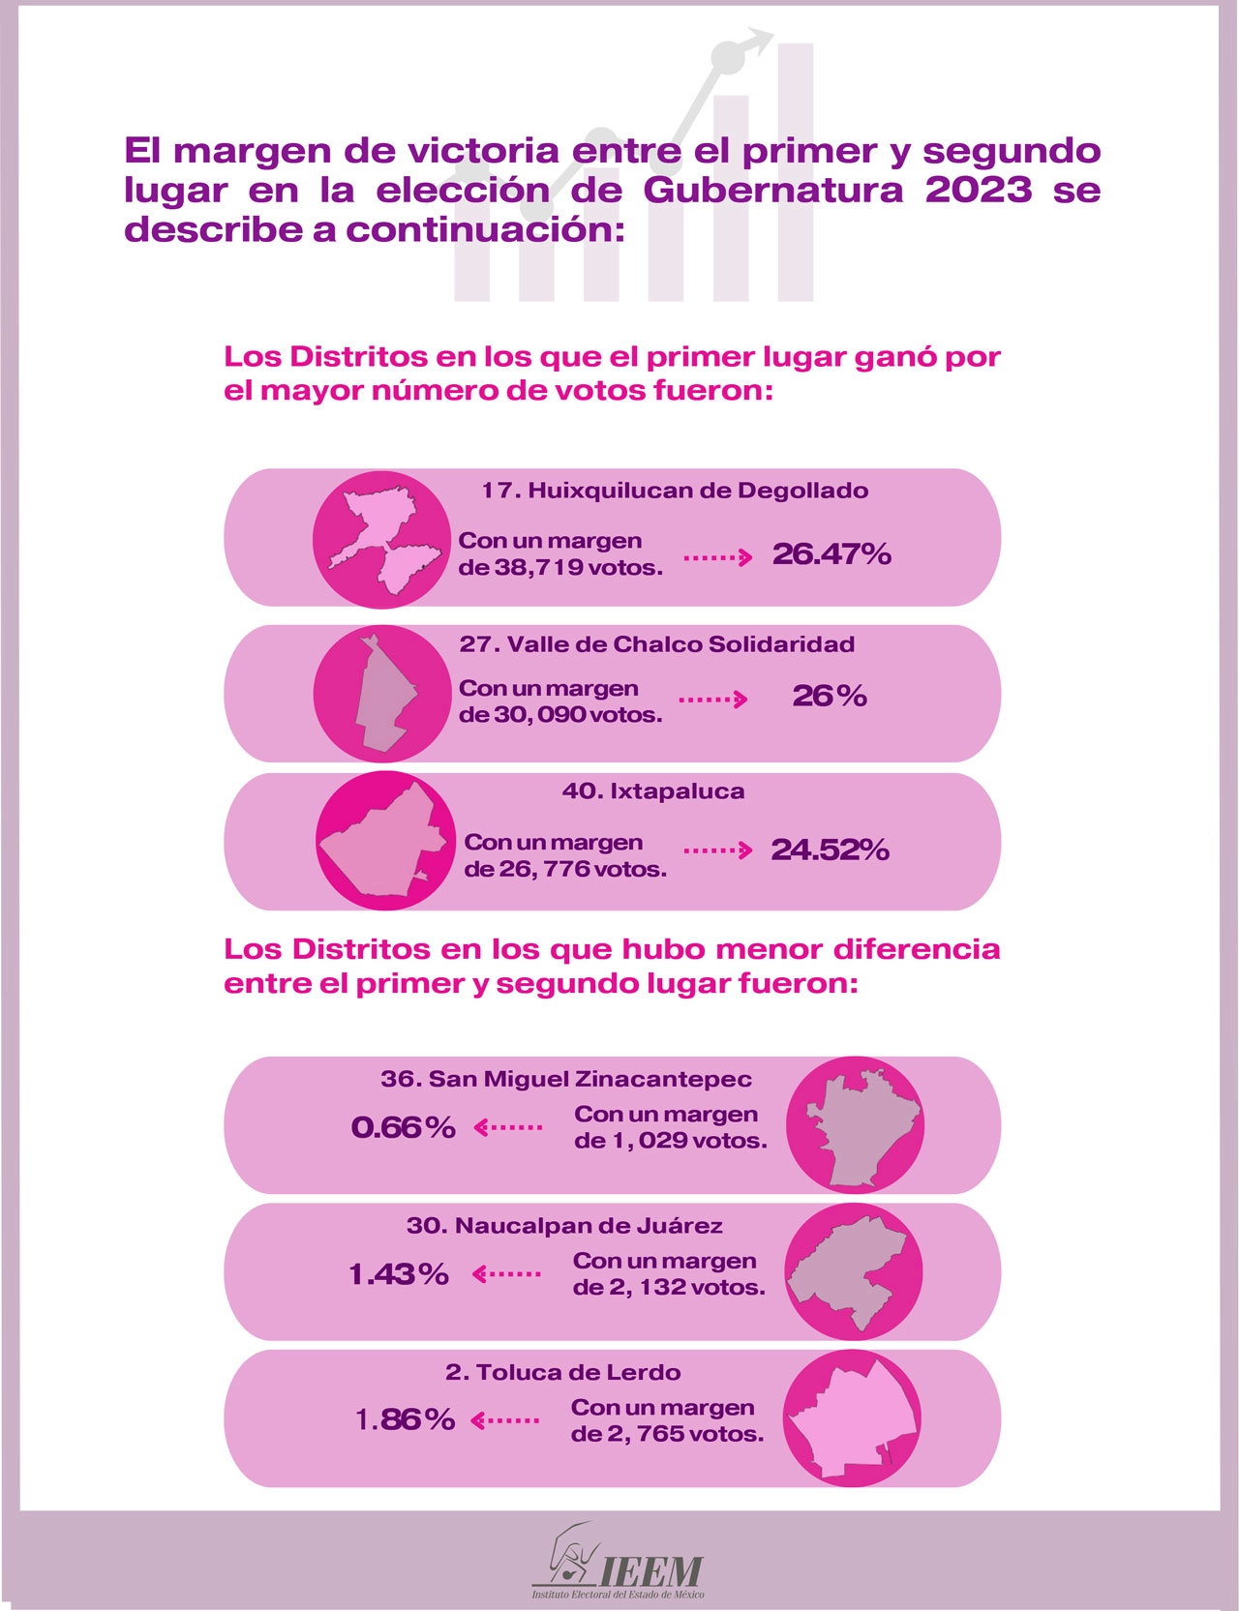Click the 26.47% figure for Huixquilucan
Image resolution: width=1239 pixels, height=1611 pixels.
pos(831,554)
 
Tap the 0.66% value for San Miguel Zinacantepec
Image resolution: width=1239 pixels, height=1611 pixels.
pos(403,1127)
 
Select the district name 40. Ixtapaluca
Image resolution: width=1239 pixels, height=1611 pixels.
pos(653,791)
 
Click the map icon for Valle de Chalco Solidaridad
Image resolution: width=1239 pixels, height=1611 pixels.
pos(382,694)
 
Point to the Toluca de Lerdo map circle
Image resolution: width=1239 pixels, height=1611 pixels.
pos(852,1418)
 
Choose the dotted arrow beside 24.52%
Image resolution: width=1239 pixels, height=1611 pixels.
pos(717,850)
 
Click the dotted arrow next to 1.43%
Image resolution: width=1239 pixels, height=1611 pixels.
pos(506,1274)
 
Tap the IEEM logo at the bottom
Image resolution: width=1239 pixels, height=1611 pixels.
pos(619,1561)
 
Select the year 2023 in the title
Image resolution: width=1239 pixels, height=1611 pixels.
pos(979,190)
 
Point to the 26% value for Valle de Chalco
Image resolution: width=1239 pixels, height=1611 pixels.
pos(829,696)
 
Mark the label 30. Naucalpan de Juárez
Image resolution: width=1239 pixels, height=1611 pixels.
pos(564,1226)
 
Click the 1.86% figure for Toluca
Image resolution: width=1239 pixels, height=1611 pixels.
pos(405,1419)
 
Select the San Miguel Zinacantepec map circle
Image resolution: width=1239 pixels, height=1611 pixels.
pos(855,1124)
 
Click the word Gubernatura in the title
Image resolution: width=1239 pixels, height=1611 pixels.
pos(773,190)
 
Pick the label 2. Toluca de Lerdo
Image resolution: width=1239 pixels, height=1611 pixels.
pos(562,1372)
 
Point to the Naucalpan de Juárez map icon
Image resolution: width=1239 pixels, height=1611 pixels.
pos(852,1271)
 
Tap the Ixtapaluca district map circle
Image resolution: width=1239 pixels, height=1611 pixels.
pos(385,841)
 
